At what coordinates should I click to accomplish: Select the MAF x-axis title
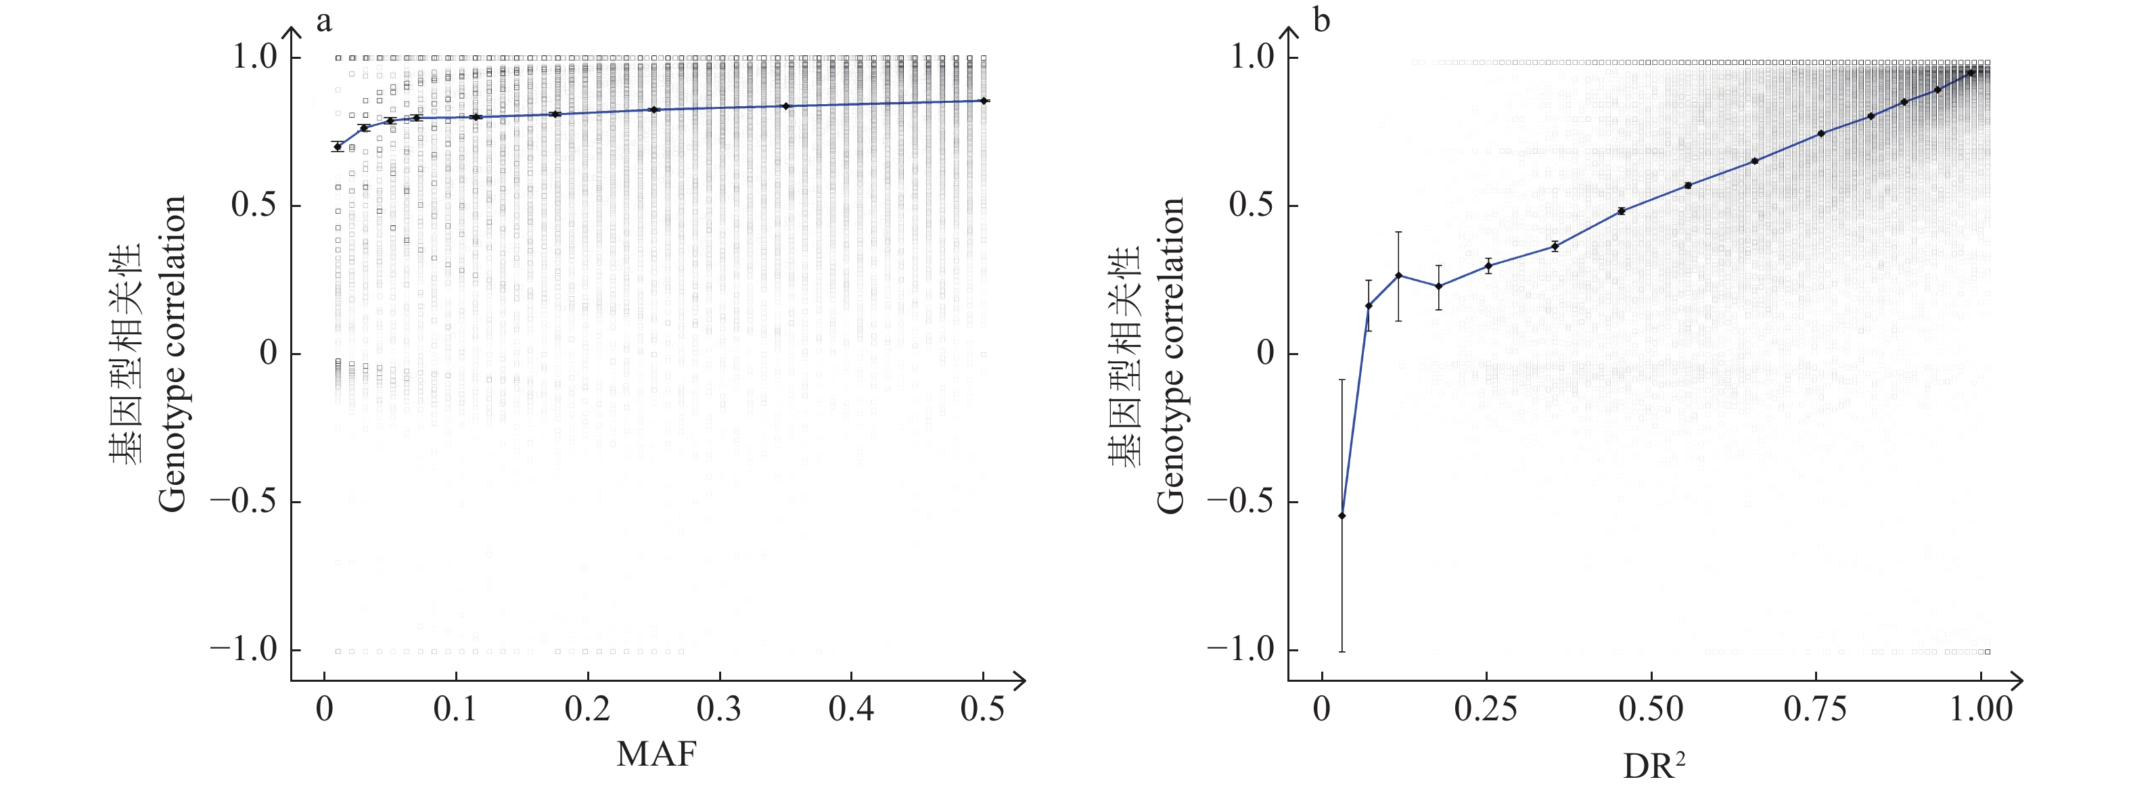click(657, 753)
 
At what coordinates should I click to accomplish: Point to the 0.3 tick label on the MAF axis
click(719, 710)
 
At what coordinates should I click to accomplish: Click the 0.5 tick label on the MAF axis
click(983, 710)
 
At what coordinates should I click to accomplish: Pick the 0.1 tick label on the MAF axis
click(455, 710)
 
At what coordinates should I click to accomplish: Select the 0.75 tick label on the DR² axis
click(1815, 710)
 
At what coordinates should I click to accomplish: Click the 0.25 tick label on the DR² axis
click(1486, 710)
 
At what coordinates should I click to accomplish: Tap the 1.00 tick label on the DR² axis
click(1980, 710)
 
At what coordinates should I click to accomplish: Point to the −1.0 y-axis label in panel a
click(244, 650)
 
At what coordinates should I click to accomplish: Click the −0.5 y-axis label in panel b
click(1241, 502)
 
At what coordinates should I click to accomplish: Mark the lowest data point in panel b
click(1342, 515)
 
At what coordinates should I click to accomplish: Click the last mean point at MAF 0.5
click(983, 101)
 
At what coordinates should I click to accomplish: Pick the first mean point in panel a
click(338, 146)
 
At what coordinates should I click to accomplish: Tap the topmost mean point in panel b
click(1971, 73)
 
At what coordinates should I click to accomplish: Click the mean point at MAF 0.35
click(785, 106)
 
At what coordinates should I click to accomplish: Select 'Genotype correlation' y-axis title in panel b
click(1170, 356)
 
